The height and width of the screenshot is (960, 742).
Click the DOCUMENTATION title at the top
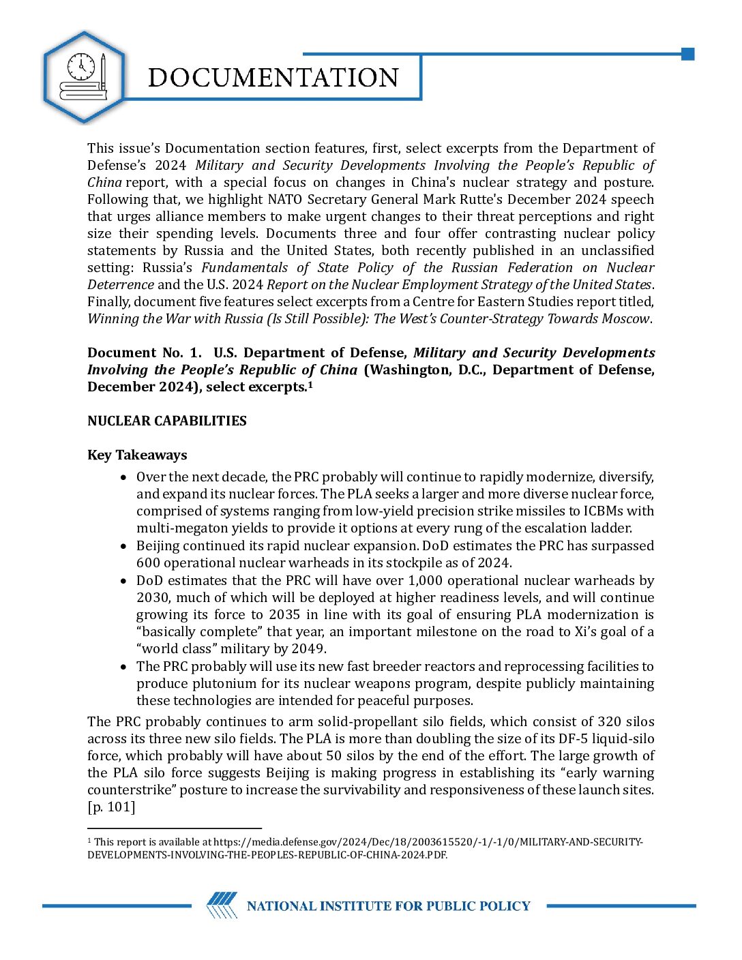click(273, 78)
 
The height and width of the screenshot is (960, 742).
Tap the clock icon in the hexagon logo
click(81, 66)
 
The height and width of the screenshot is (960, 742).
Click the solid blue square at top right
click(687, 54)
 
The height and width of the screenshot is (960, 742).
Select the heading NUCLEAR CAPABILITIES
click(167, 421)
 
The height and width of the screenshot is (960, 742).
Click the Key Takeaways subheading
click(137, 455)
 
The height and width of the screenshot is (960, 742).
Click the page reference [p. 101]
click(111, 807)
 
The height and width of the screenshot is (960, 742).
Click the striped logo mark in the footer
click(222, 905)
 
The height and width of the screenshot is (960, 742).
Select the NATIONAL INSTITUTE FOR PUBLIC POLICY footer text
click(388, 906)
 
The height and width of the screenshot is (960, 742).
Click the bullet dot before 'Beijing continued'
click(123, 546)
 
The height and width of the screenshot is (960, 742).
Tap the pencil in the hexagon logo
click(103, 71)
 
